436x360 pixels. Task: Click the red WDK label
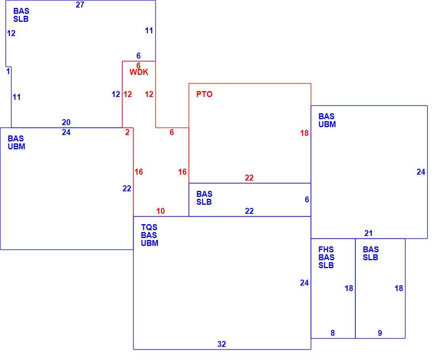click(x=139, y=72)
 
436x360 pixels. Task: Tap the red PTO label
click(x=205, y=94)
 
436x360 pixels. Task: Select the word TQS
click(x=149, y=227)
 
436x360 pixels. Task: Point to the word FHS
click(x=326, y=250)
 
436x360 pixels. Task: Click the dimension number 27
click(x=80, y=5)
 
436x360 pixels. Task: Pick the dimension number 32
click(x=222, y=344)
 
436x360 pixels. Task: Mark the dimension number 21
click(x=369, y=233)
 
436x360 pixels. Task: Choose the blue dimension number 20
click(x=66, y=122)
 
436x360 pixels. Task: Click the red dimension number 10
click(x=161, y=211)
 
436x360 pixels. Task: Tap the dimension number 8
click(x=333, y=333)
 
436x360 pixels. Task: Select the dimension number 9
click(x=380, y=333)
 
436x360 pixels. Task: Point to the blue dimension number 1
click(x=8, y=71)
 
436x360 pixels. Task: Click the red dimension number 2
click(x=127, y=132)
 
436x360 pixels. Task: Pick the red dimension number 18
click(x=304, y=133)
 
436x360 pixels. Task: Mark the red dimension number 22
click(x=249, y=178)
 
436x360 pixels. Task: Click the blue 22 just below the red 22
click(x=249, y=211)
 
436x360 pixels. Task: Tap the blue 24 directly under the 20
click(x=66, y=132)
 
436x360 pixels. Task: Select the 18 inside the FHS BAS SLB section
click(x=349, y=289)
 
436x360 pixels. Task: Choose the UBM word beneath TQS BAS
click(x=149, y=243)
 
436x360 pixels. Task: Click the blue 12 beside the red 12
click(x=116, y=94)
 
